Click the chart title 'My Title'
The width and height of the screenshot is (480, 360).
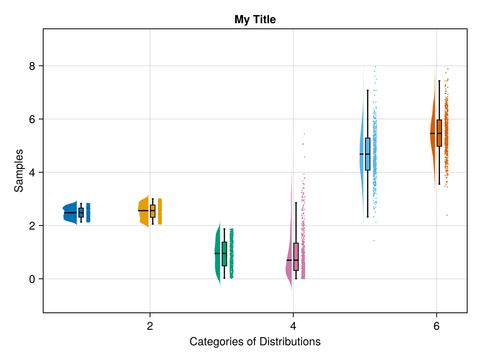[255, 19]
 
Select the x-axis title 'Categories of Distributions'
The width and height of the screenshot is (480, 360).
[255, 342]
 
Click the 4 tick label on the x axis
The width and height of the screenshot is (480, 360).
[293, 326]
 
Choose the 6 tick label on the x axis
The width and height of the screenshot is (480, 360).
[436, 326]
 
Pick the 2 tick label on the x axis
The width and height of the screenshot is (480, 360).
[150, 326]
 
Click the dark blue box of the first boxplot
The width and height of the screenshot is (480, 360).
[81, 212]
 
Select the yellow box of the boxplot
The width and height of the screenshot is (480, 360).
[152, 211]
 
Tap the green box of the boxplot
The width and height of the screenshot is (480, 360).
[224, 254]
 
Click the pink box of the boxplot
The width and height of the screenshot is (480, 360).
[296, 256]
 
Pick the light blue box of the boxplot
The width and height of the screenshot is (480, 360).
[368, 154]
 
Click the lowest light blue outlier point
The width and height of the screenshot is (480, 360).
[374, 240]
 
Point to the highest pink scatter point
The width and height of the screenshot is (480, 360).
[304, 134]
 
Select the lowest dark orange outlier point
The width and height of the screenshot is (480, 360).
[447, 215]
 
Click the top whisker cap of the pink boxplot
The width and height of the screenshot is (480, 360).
[296, 203]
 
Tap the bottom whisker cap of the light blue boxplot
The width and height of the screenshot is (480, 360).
[368, 217]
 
